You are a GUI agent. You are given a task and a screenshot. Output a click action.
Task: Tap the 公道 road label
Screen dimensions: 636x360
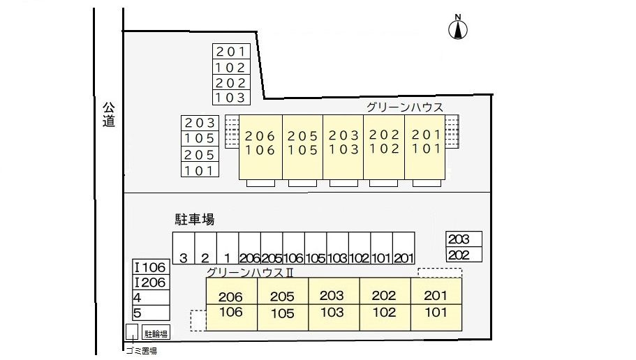tap(108, 114)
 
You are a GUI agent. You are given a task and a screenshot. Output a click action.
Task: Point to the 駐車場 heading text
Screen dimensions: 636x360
tap(195, 219)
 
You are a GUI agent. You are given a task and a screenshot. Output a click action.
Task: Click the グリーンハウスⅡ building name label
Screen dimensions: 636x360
tap(250, 272)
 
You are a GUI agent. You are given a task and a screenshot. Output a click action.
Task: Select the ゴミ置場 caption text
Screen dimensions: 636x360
tap(141, 351)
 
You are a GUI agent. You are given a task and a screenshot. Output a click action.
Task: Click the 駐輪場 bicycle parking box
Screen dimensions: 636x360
tap(156, 333)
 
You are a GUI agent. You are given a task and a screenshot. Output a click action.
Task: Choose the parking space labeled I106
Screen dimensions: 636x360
tap(151, 267)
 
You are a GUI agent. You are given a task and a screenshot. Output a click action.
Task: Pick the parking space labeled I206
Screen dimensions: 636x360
tap(151, 283)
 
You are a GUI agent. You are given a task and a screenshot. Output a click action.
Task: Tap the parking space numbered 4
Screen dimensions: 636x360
tap(151, 298)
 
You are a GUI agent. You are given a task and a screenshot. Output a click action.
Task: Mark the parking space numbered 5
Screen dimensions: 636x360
tap(151, 313)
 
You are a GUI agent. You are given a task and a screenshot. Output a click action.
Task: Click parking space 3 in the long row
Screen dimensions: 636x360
tap(184, 248)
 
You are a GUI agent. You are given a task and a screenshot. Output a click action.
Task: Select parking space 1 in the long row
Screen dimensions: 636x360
tap(228, 248)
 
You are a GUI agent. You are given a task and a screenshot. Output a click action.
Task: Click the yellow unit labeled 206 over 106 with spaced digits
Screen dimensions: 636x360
tap(260, 147)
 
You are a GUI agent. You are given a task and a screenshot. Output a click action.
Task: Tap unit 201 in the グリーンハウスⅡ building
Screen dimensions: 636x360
tap(436, 291)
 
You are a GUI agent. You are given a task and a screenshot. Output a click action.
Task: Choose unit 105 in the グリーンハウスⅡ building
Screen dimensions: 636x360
tap(283, 317)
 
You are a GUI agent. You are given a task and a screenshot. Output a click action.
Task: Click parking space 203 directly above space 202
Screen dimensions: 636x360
tap(464, 239)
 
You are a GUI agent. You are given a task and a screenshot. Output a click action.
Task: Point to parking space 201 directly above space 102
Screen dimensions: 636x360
tap(231, 52)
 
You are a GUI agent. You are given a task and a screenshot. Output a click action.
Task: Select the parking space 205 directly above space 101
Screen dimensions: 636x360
tap(200, 154)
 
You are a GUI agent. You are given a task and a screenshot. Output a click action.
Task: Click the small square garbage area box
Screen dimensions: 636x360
tap(131, 332)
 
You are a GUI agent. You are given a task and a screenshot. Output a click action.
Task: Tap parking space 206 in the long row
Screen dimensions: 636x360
tap(250, 248)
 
